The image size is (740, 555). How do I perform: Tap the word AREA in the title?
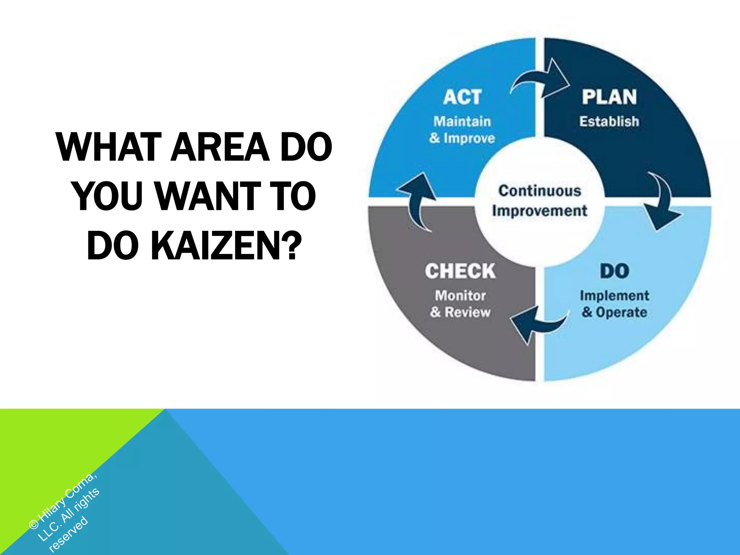coord(220,147)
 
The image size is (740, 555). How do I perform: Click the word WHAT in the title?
coord(109,147)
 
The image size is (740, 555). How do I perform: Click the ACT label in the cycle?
coord(462,97)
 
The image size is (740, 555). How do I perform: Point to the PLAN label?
coord(609,97)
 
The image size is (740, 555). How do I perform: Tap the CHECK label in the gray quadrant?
coord(460,271)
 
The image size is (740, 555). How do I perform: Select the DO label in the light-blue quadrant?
coord(615,271)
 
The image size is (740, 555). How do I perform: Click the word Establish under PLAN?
coord(609,121)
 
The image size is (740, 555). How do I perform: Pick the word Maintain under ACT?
coord(462,121)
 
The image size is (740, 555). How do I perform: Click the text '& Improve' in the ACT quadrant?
coord(462,138)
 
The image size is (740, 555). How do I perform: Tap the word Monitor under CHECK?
coord(460,296)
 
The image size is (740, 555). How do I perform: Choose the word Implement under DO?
coord(615,296)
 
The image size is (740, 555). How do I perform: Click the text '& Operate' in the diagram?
coord(615,312)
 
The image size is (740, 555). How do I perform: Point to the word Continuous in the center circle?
coord(540,191)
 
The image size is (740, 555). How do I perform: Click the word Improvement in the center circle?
coord(540,211)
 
